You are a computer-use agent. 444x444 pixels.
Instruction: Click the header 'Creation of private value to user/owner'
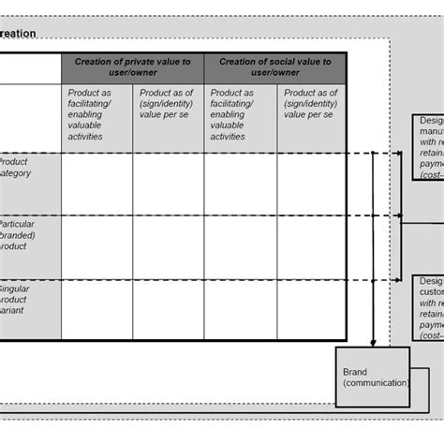tap(132, 67)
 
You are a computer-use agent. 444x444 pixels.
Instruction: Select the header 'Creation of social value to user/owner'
tap(275, 67)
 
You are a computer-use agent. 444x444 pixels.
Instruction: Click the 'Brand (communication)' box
tap(373, 377)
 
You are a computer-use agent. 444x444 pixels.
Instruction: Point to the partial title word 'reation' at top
tap(18, 33)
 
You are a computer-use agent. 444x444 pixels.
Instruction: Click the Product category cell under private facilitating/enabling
tap(96, 184)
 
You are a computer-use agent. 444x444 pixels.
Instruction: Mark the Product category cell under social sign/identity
tap(312, 184)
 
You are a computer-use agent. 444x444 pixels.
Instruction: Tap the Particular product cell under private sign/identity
tap(169, 245)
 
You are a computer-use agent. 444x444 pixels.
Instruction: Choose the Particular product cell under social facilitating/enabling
tap(240, 245)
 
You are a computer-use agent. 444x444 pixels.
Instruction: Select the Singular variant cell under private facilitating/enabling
tap(96, 308)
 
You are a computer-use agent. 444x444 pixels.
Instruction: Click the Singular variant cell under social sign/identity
tap(312, 308)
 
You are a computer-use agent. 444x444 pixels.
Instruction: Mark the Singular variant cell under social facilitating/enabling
tap(240, 308)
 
